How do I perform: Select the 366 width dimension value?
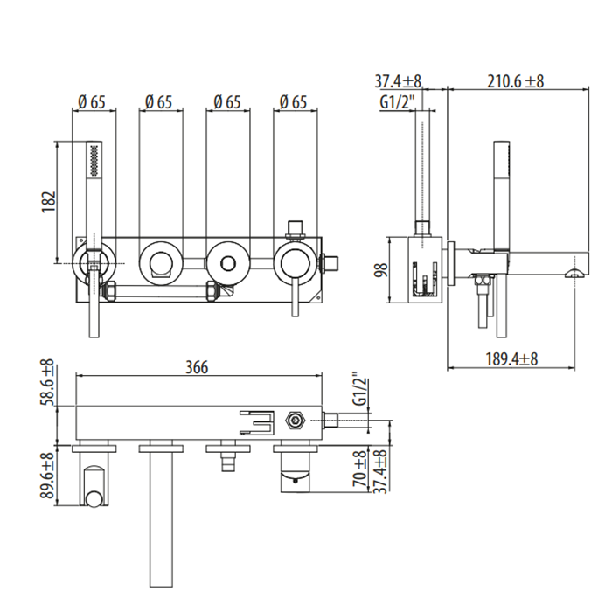click(198, 367)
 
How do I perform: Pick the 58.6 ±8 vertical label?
click(48, 383)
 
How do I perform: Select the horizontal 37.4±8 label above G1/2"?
click(399, 81)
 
